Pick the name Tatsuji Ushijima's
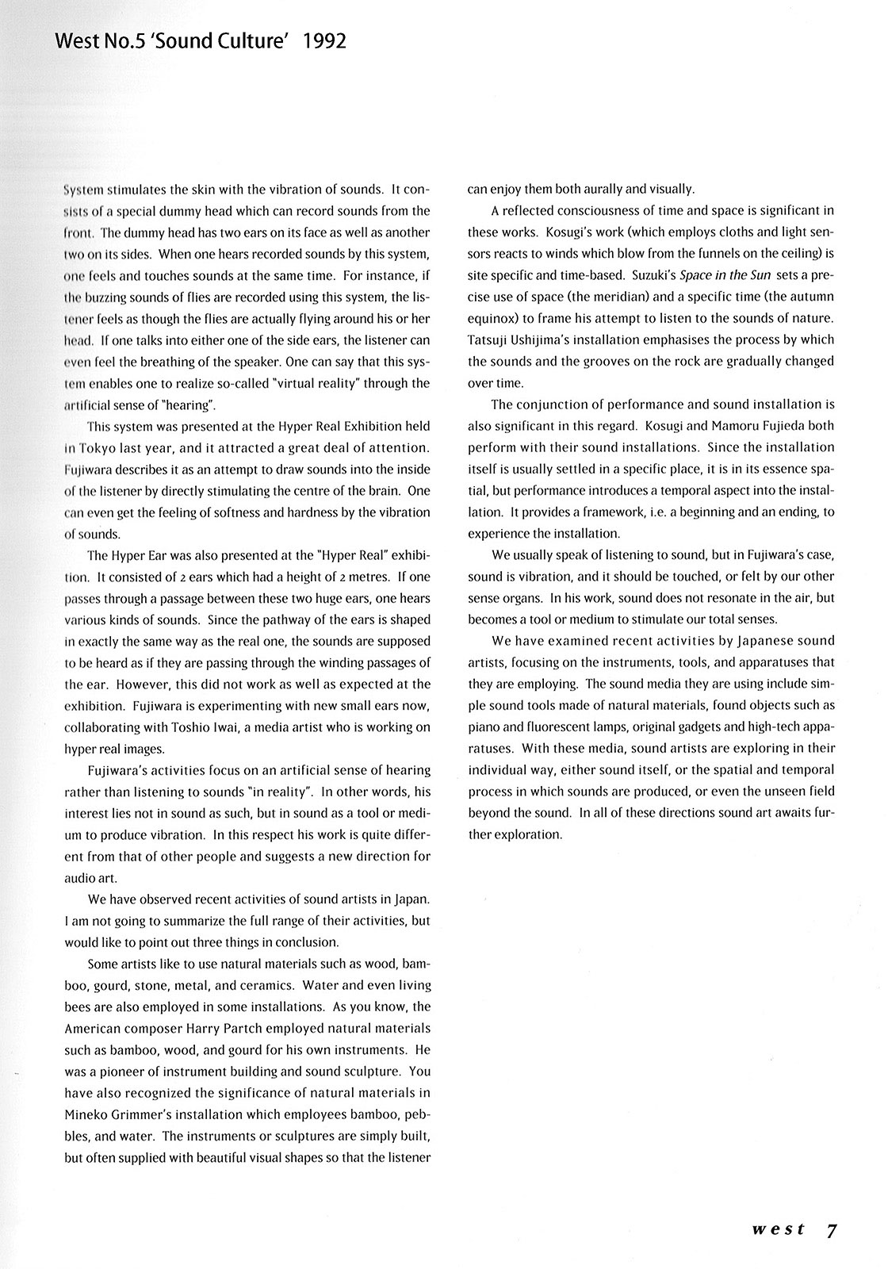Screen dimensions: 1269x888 (524, 339)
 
